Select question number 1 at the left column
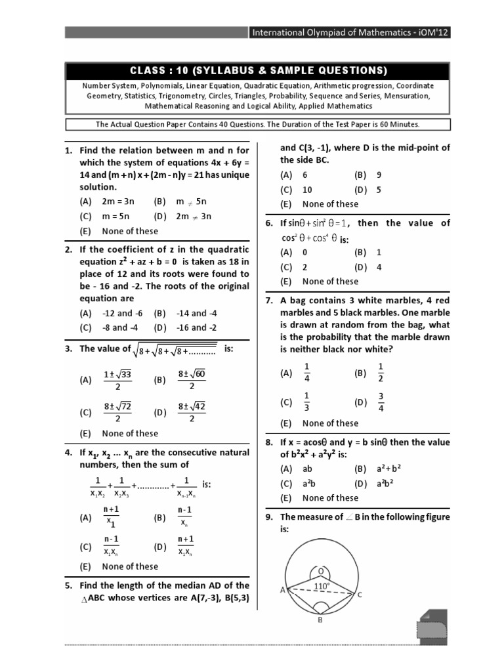pyautogui.click(x=68, y=150)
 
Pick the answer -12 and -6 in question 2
pyautogui.click(x=117, y=313)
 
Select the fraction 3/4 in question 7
pyautogui.click(x=381, y=402)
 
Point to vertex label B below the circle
pyautogui.click(x=320, y=623)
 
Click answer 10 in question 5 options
pyautogui.click(x=307, y=190)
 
